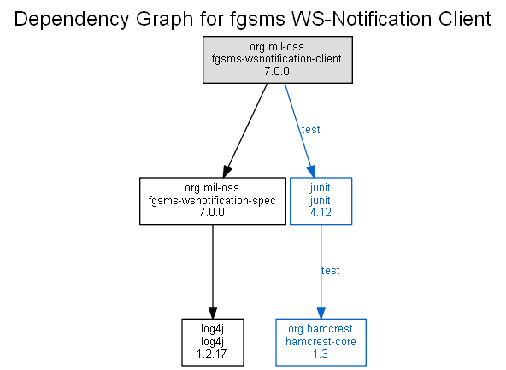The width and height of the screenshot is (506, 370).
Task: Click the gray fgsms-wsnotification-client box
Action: (x=278, y=60)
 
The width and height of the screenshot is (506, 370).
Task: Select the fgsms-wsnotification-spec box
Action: (x=213, y=201)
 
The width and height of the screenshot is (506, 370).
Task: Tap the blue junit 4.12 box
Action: (x=321, y=201)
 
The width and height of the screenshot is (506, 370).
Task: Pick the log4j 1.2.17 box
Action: (x=213, y=342)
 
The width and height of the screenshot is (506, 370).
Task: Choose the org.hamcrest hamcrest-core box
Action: (x=321, y=342)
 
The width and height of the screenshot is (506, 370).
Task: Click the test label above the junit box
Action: (x=310, y=130)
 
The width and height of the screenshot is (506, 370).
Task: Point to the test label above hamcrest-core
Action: (x=330, y=270)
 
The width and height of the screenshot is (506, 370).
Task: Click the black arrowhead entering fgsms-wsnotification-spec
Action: (x=227, y=171)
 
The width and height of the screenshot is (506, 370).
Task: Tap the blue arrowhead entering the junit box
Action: (x=311, y=171)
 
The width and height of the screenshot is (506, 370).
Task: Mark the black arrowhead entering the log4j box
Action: (x=213, y=313)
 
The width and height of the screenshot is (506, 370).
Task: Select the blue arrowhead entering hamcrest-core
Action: (x=321, y=313)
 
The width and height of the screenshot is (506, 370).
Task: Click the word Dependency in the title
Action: (x=72, y=20)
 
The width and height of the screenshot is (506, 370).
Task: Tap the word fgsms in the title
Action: (x=257, y=20)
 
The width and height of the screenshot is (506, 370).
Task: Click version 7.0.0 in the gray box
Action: (x=277, y=71)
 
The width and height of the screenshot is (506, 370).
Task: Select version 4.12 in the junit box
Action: (x=321, y=212)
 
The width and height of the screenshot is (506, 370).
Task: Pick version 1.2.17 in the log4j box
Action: (x=212, y=354)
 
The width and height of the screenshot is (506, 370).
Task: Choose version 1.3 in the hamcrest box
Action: (x=321, y=354)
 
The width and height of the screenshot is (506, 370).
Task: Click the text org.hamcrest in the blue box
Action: (x=321, y=329)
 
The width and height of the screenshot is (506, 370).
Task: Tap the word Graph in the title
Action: (x=165, y=20)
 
